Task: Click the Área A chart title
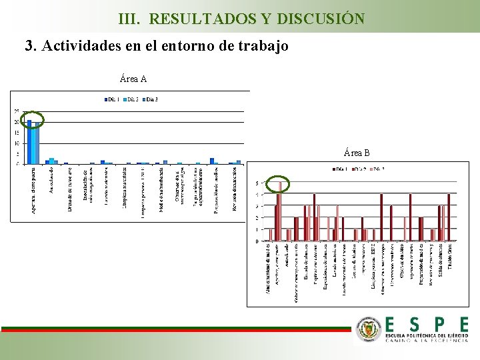(x=133, y=79)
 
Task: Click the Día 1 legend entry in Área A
(x=111, y=100)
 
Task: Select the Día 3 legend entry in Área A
(x=150, y=100)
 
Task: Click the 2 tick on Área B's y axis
(x=258, y=218)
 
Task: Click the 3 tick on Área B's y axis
(x=258, y=207)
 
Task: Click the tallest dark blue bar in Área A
(x=29, y=142)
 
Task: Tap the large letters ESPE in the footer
(x=426, y=325)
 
